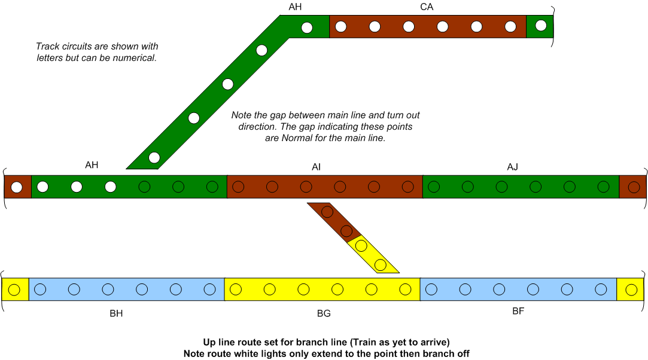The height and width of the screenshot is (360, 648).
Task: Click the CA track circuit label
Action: tap(427, 7)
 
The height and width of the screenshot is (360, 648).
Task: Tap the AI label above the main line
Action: tap(316, 167)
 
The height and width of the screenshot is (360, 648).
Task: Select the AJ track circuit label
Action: tap(512, 167)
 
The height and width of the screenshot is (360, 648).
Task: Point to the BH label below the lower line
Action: tap(116, 313)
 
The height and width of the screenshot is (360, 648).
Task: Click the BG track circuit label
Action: tap(324, 313)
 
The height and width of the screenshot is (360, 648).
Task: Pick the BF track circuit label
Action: tap(518, 311)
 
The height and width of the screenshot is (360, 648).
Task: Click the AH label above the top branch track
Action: tap(295, 7)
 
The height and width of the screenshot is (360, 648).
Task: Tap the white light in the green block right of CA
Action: tap(541, 26)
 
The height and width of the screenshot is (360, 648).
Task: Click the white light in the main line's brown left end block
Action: tap(17, 187)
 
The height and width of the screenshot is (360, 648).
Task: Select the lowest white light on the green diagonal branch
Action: tap(154, 157)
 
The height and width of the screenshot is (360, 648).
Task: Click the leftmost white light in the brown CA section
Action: tap(341, 27)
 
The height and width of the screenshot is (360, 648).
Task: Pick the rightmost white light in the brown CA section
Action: tap(510, 27)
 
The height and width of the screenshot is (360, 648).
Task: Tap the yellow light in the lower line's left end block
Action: tap(14, 289)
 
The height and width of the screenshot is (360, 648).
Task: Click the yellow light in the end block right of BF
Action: tap(631, 290)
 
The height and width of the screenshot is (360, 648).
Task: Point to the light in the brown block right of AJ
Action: tap(634, 187)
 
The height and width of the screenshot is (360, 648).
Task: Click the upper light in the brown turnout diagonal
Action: tap(327, 212)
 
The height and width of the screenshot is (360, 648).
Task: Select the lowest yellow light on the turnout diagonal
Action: tap(380, 265)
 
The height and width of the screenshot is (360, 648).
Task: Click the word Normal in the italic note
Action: tap(297, 138)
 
